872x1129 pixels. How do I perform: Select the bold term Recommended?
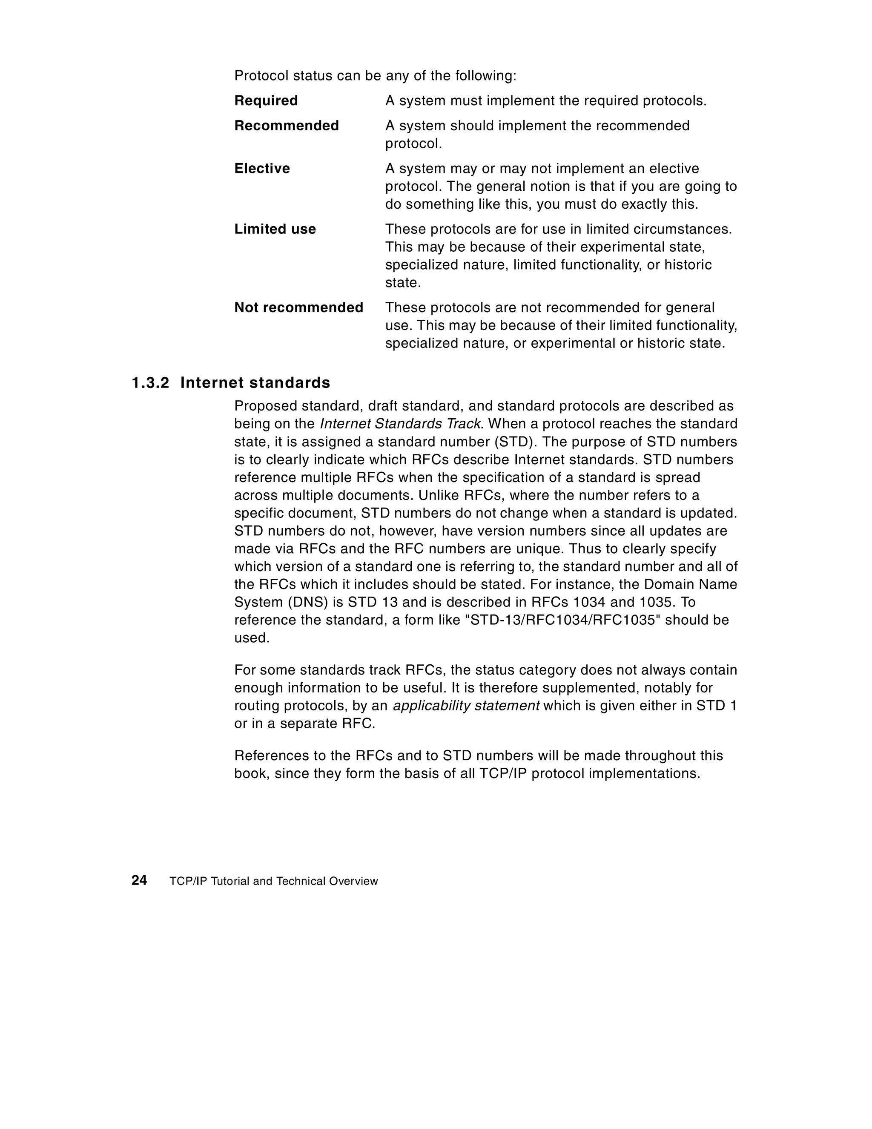(x=287, y=126)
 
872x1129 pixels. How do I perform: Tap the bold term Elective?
(x=261, y=169)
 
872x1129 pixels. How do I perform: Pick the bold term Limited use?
(x=275, y=229)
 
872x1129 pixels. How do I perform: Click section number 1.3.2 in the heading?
(x=150, y=383)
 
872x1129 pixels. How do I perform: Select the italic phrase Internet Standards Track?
(x=401, y=424)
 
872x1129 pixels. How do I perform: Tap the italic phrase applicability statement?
(x=466, y=706)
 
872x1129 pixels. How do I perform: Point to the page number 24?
(x=139, y=880)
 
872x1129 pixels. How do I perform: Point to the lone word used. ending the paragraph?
(x=252, y=638)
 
